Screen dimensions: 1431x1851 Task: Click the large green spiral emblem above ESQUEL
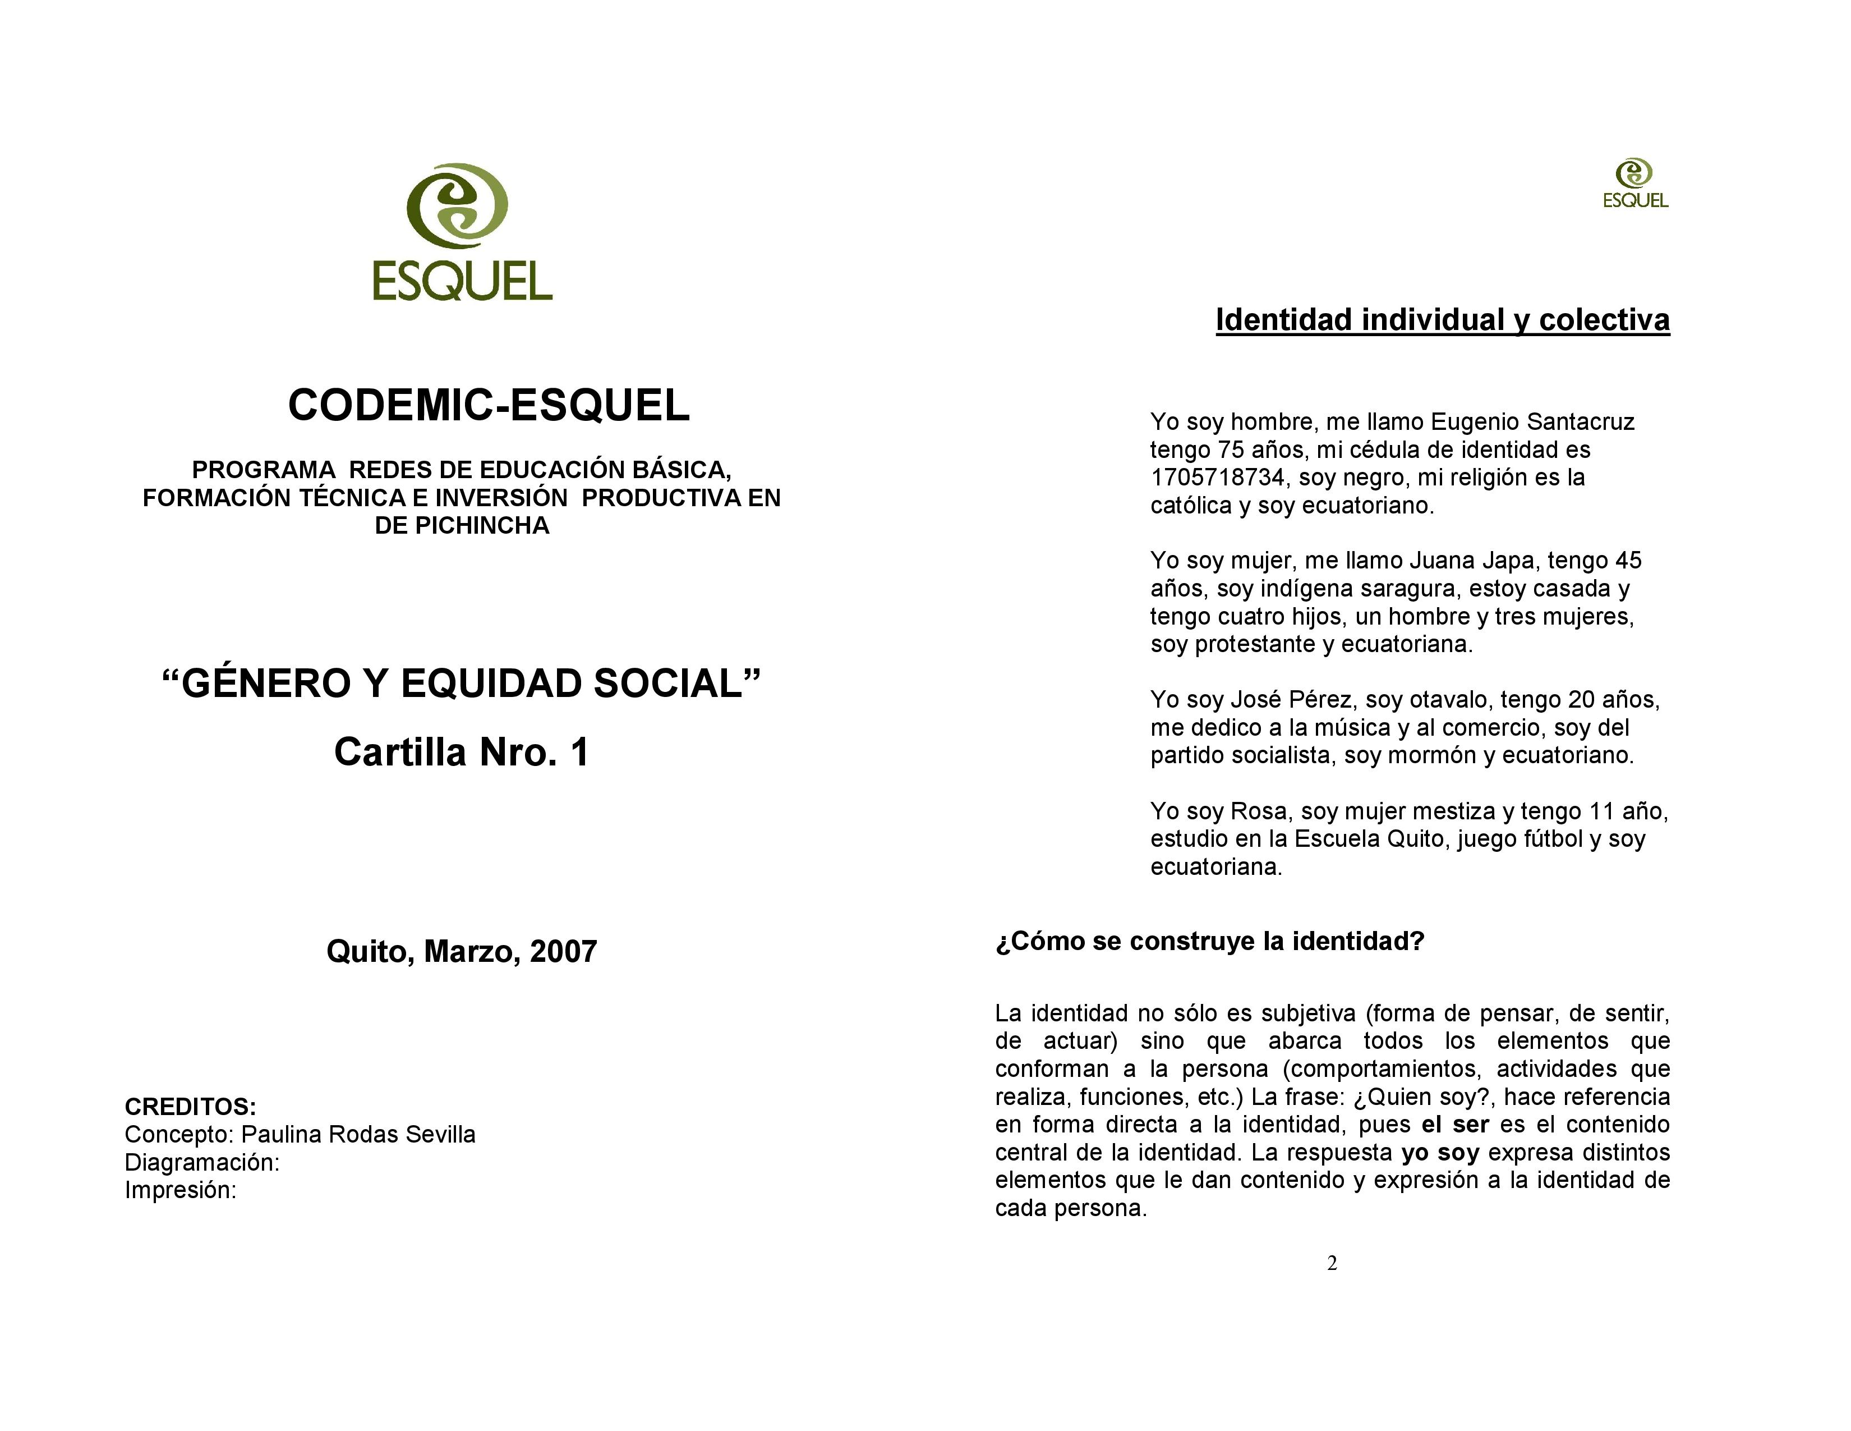tap(458, 205)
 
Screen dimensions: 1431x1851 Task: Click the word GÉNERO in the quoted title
tap(266, 684)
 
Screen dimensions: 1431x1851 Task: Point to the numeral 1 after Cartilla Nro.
tap(580, 752)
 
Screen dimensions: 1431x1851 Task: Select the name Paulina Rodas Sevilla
tap(358, 1134)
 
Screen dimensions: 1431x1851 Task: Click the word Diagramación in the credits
tap(201, 1162)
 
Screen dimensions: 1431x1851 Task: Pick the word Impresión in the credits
tap(179, 1190)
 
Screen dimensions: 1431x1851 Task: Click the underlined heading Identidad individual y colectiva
tap(1443, 320)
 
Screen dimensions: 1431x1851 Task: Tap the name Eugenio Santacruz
tap(1532, 421)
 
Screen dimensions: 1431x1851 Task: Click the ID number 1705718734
tap(1217, 478)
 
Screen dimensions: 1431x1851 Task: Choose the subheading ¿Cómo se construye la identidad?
tap(1209, 941)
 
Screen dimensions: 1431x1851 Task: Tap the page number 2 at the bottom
tap(1332, 1264)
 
